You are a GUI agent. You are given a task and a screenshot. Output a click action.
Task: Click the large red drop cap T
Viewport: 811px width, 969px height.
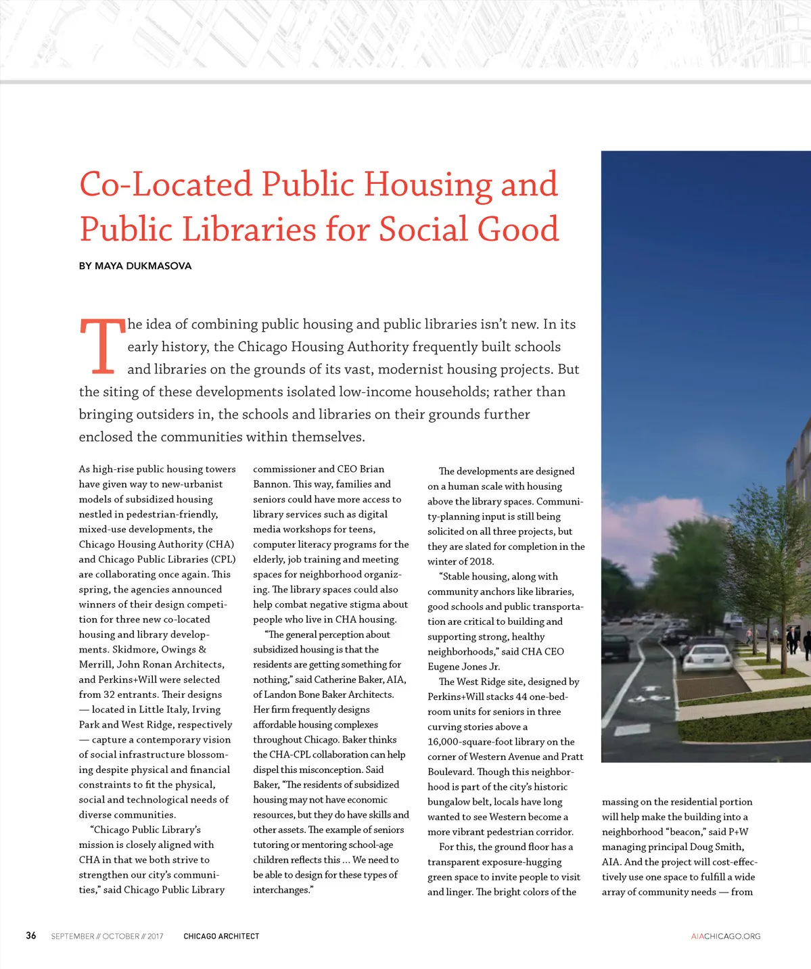click(102, 346)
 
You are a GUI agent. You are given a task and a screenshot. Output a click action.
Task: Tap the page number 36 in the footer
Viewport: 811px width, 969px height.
click(31, 936)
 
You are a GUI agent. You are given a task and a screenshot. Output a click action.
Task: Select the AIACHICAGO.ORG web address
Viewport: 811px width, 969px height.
click(726, 937)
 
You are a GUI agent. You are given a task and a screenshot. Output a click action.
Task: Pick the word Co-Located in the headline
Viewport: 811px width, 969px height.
click(166, 184)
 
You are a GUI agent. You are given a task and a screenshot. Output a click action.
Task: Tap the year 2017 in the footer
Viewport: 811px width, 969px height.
click(155, 937)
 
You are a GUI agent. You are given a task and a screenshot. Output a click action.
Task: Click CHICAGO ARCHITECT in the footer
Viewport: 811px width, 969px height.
click(221, 937)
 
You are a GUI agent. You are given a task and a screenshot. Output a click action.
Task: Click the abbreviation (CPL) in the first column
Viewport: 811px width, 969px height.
click(223, 559)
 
